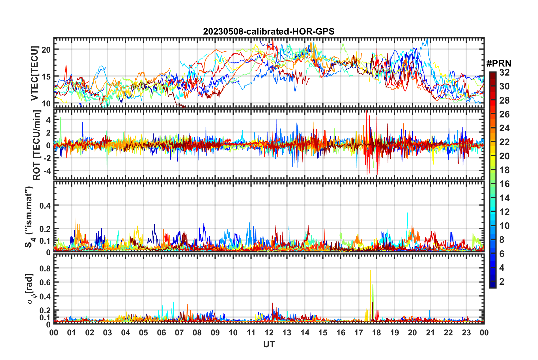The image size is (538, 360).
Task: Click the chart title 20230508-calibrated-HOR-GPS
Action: coord(269,31)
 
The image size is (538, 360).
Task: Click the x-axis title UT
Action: coord(269,344)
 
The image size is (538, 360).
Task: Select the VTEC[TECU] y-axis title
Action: coord(35,74)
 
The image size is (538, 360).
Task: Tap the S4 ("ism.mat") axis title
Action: coord(29,217)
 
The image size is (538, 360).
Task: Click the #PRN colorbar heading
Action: coord(499,63)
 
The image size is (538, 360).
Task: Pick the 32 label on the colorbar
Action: coord(504,72)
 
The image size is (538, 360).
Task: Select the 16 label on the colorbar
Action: coord(504,184)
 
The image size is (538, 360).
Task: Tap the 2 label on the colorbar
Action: coord(502,282)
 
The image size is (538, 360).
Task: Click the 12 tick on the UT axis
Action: coord(269,333)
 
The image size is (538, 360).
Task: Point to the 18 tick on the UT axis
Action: coord(376,333)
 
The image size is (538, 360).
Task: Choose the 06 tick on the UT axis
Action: coord(161,333)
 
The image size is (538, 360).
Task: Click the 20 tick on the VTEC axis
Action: coord(46,50)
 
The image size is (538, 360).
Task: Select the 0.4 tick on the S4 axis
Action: coord(45,205)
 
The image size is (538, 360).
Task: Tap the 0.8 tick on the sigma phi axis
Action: coord(45,268)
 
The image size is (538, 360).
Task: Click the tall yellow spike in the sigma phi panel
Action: coord(370,272)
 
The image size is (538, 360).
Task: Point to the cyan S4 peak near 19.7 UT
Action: coord(407,214)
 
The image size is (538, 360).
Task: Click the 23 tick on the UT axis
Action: coord(466,333)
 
